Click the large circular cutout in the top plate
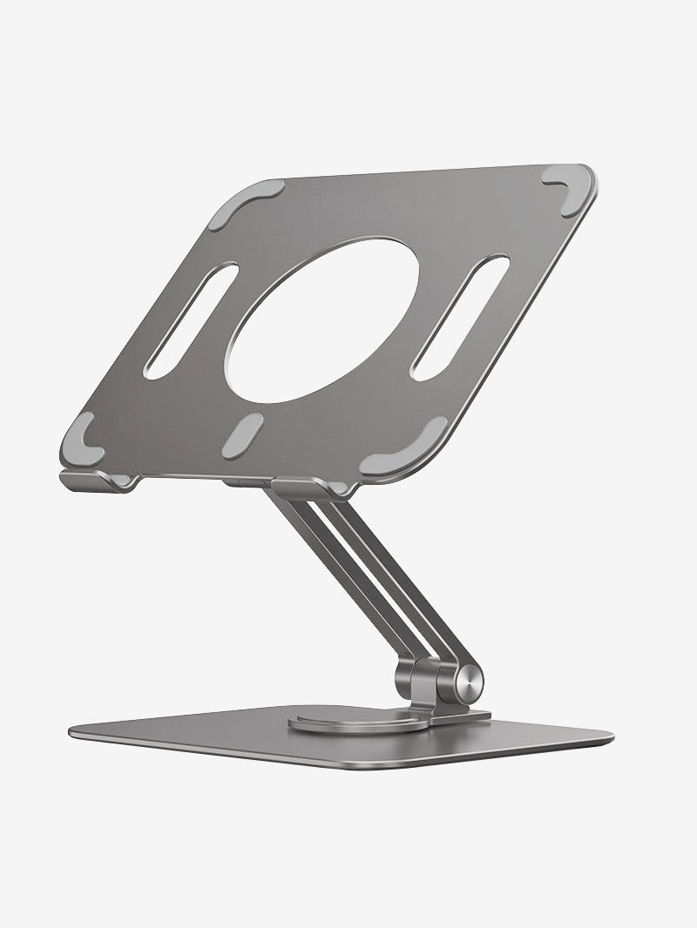[x=322, y=320]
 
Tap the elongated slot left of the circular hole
[x=190, y=320]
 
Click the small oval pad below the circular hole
[x=242, y=435]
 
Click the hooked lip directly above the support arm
[x=296, y=488]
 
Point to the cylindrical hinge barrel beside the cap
[x=432, y=679]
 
